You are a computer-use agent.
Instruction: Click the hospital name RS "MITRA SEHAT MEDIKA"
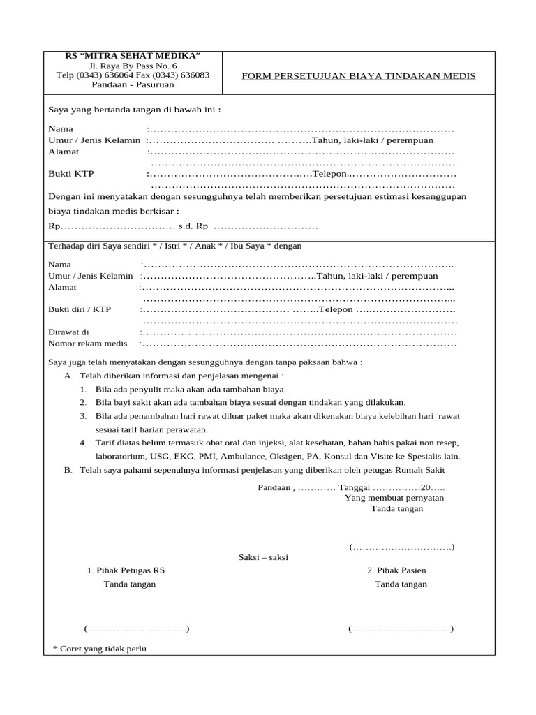click(x=133, y=55)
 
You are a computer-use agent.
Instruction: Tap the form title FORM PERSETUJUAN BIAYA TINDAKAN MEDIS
click(x=358, y=75)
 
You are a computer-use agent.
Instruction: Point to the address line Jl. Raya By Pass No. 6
click(x=133, y=65)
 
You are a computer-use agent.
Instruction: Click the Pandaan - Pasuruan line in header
click(x=133, y=84)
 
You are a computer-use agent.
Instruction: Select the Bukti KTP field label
click(x=70, y=173)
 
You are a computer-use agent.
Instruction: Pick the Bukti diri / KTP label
click(x=79, y=309)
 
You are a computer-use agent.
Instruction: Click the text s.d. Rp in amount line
click(x=193, y=227)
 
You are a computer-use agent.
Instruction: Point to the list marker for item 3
click(x=82, y=415)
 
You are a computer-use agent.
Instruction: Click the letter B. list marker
click(x=68, y=469)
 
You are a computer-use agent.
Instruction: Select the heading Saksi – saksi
click(x=263, y=557)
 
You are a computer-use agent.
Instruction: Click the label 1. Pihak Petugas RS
click(x=126, y=570)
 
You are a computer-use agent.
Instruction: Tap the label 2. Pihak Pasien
click(x=396, y=570)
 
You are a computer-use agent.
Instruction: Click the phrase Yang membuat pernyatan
click(x=394, y=498)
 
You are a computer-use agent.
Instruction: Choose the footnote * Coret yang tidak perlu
click(x=100, y=649)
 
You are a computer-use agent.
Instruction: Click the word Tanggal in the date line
click(x=354, y=487)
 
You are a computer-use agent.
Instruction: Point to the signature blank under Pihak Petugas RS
click(x=137, y=628)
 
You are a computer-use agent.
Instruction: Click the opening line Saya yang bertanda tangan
click(x=134, y=110)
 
